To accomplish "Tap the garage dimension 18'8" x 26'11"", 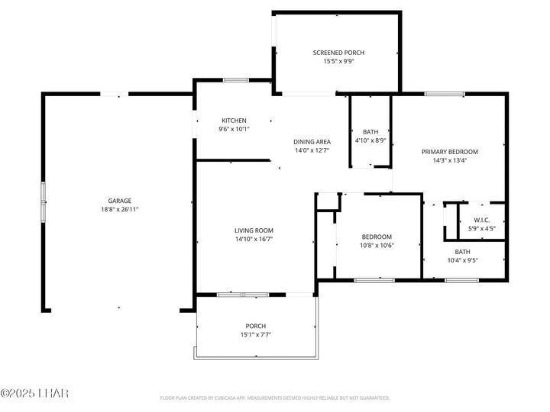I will (118, 209).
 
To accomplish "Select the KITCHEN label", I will (234, 121).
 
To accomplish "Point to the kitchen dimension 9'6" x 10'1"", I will (234, 129).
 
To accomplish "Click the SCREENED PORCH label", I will (338, 53).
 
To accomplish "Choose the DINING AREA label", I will (312, 142).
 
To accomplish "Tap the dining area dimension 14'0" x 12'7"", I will (312, 150).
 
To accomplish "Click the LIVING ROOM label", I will (254, 230).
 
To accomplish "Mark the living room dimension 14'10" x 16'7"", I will (254, 239).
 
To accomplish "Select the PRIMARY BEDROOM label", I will (450, 152).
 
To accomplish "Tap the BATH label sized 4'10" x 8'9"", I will (370, 132).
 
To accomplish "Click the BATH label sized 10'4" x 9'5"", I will (463, 252).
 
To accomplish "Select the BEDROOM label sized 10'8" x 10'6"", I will (377, 237).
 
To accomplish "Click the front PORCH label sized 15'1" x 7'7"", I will (255, 326).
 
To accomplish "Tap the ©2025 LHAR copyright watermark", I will (34, 394).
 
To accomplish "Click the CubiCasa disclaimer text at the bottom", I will (275, 398).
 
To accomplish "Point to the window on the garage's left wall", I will (44, 202).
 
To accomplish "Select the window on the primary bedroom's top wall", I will (445, 94).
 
